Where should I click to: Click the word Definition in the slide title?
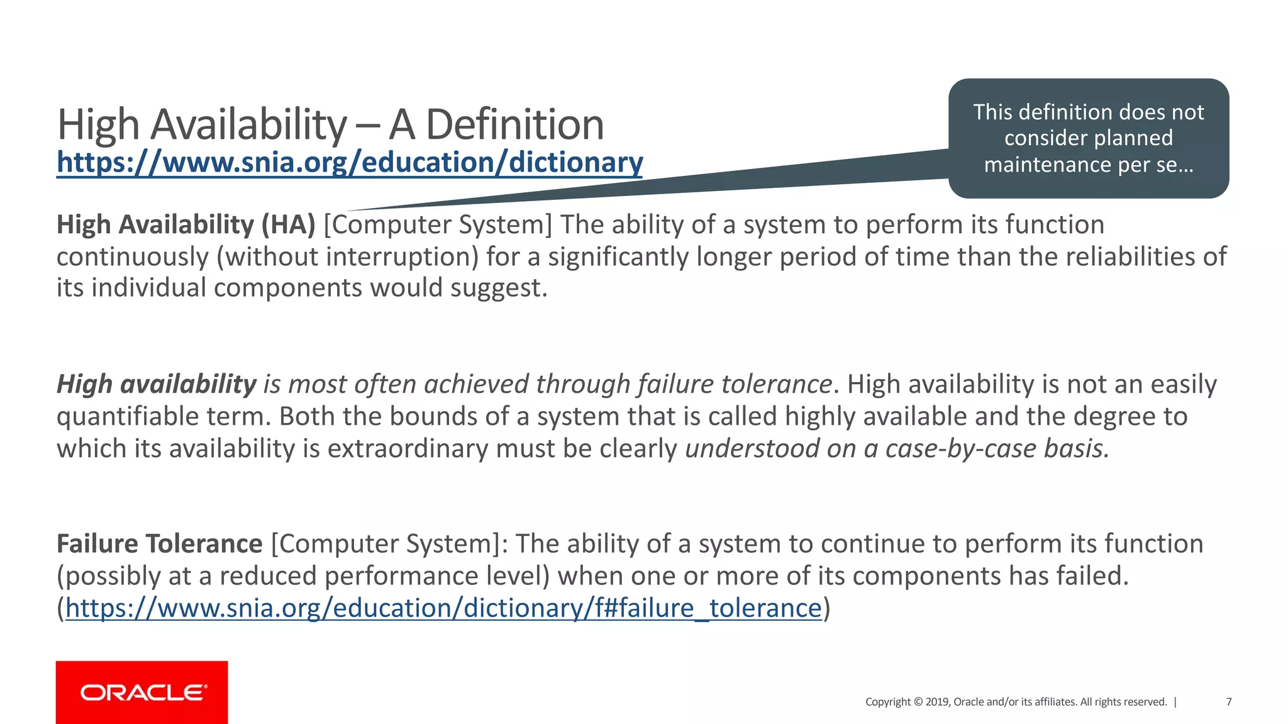pyautogui.click(x=514, y=124)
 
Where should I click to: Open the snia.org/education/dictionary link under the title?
pyautogui.click(x=350, y=162)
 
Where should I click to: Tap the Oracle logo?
pyautogui.click(x=142, y=693)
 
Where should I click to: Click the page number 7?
pyautogui.click(x=1228, y=702)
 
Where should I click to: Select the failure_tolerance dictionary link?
pyautogui.click(x=443, y=608)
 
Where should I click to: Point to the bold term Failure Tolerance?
pyautogui.click(x=159, y=544)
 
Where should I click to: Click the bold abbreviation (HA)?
pyautogui.click(x=288, y=224)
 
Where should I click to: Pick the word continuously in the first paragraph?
pyautogui.click(x=132, y=256)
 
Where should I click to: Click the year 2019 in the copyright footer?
pyautogui.click(x=936, y=702)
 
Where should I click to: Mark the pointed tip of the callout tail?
pyautogui.click(x=348, y=211)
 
